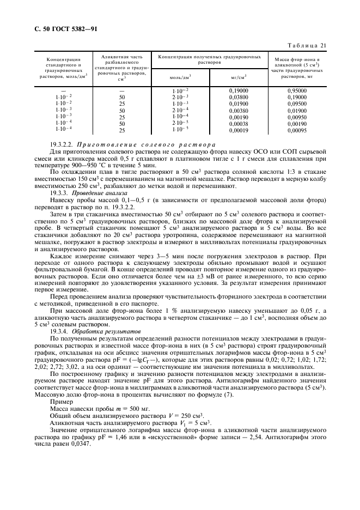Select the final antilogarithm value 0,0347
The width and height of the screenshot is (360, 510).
point(81,443)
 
